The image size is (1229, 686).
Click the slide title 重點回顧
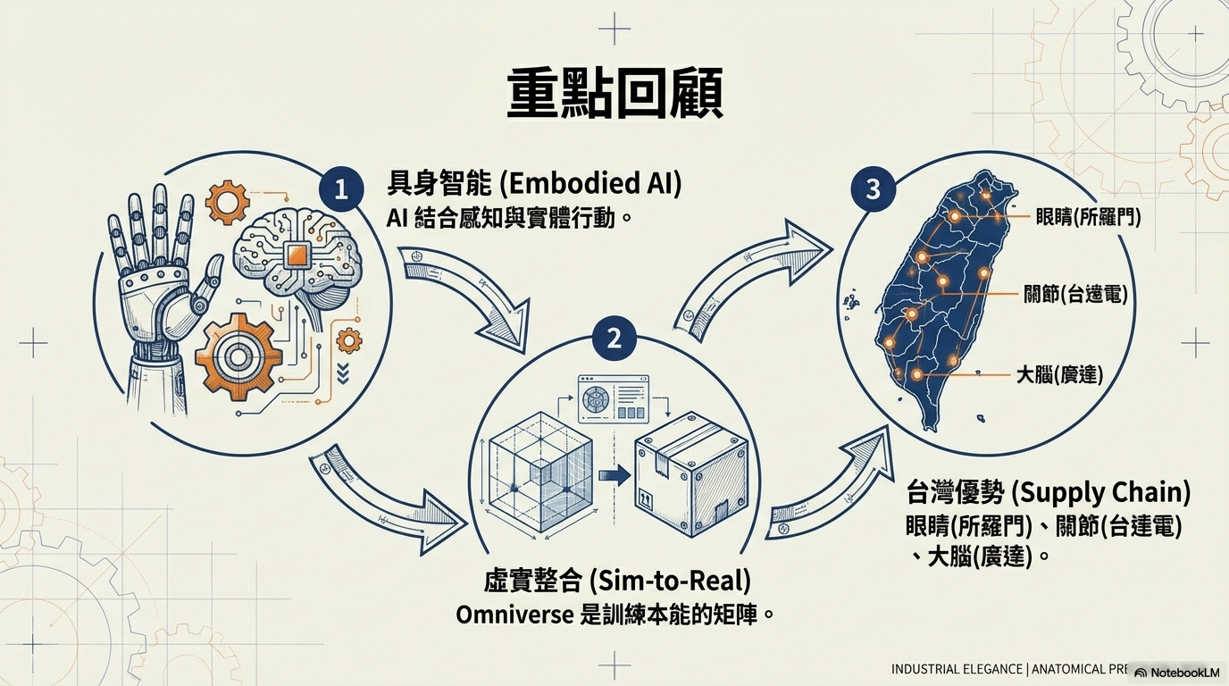pyautogui.click(x=614, y=96)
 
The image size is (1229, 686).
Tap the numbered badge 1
pyautogui.click(x=340, y=189)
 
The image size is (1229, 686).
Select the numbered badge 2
pyautogui.click(x=614, y=339)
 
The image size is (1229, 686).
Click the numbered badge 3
pyautogui.click(x=873, y=189)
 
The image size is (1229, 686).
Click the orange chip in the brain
pyautogui.click(x=297, y=257)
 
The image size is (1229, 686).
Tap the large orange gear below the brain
pyautogui.click(x=238, y=356)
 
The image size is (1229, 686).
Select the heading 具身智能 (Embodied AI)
pyautogui.click(x=534, y=184)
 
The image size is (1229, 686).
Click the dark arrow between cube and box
pyautogui.click(x=614, y=475)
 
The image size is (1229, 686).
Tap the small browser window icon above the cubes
pyautogui.click(x=614, y=398)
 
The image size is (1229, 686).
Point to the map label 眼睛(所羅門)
pyautogui.click(x=1088, y=216)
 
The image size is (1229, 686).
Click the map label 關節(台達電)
pyautogui.click(x=1074, y=294)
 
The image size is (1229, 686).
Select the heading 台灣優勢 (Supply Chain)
pyautogui.click(x=1049, y=492)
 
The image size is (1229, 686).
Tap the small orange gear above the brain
pyautogui.click(x=227, y=202)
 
